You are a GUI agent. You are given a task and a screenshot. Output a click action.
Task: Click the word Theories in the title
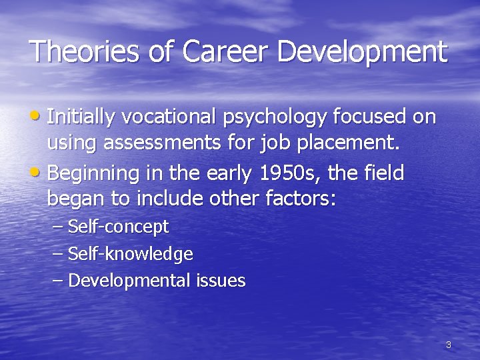pyautogui.click(x=79, y=52)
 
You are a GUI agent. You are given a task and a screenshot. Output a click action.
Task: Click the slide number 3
pyautogui.click(x=448, y=345)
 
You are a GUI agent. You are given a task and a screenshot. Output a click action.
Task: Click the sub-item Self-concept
pyautogui.click(x=119, y=227)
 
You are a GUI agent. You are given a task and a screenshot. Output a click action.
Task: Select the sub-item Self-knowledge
pyautogui.click(x=131, y=254)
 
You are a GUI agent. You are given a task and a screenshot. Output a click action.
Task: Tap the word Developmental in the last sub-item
pyautogui.click(x=129, y=281)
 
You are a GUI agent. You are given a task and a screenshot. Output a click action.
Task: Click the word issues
pyautogui.click(x=221, y=281)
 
